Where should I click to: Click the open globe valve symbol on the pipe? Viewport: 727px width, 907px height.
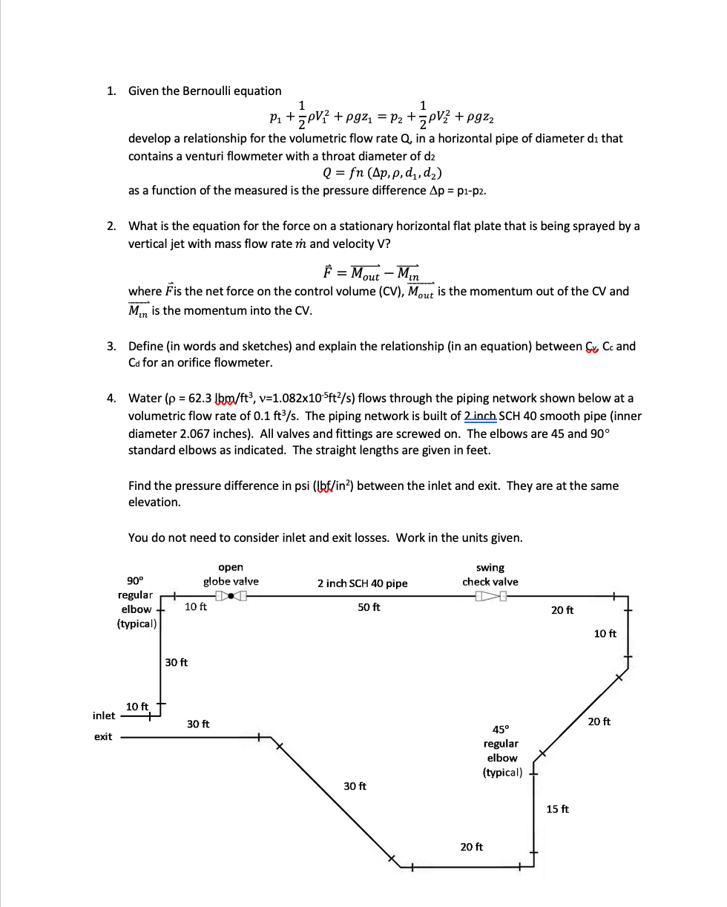coord(231,595)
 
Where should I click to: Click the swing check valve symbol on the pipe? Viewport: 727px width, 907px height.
coord(492,595)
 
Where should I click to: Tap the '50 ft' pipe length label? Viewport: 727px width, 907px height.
coord(369,607)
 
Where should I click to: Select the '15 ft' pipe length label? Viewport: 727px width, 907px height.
coord(557,809)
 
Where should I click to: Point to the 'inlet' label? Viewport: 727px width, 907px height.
coord(104,716)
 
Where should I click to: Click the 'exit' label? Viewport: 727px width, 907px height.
coord(103,737)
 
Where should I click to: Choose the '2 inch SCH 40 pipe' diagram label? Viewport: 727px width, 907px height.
coord(362,583)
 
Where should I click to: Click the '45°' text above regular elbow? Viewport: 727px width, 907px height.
coord(501,729)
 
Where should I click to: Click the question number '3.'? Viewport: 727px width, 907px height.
coord(111,347)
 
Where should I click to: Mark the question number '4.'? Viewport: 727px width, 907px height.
coord(111,399)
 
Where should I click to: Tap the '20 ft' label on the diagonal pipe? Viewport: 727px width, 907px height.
coord(599,721)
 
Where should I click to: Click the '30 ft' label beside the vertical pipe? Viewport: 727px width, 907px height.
coord(177,662)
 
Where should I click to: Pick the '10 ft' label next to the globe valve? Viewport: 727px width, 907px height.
coord(196,607)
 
